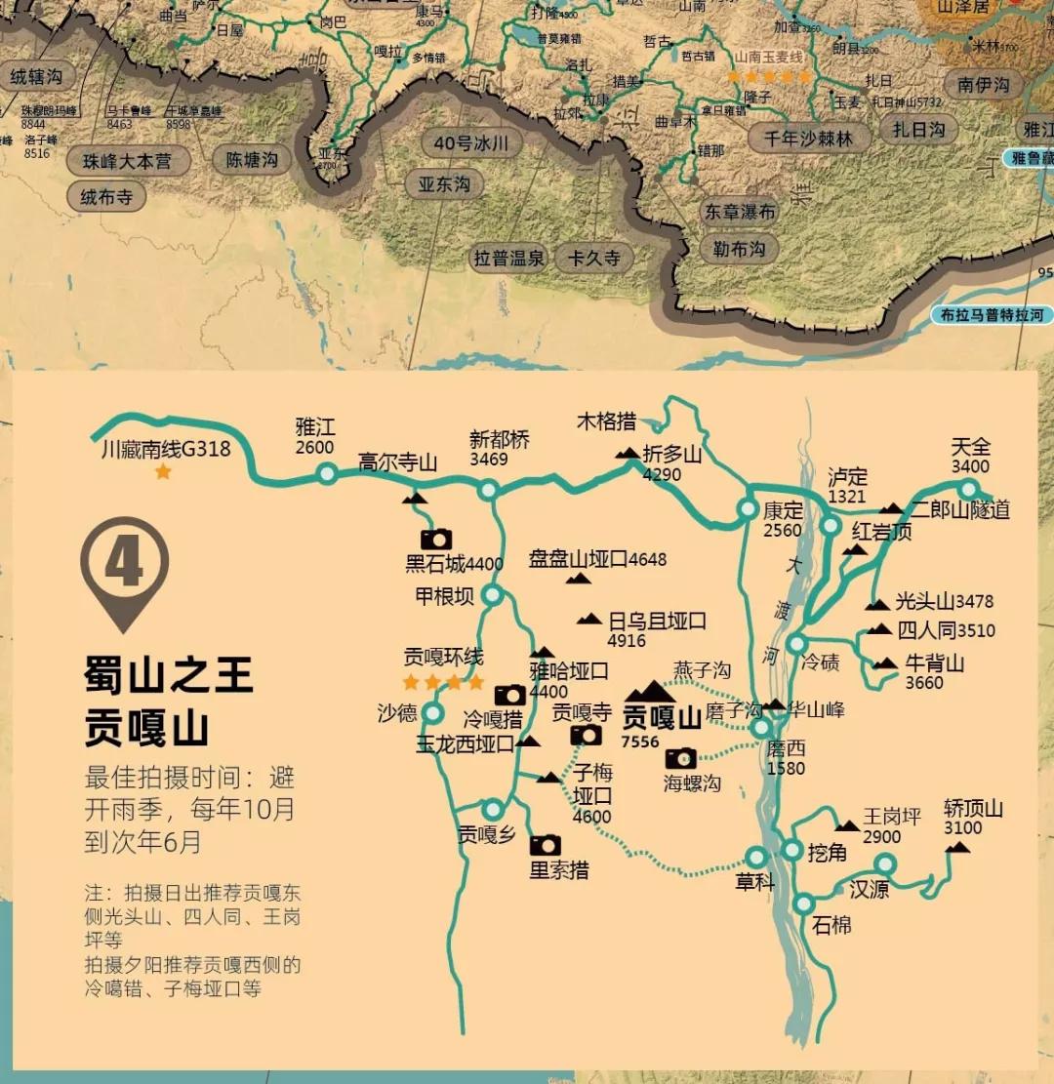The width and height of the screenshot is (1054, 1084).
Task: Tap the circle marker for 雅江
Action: point(326,473)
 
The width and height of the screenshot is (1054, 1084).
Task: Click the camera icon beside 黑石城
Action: point(436,539)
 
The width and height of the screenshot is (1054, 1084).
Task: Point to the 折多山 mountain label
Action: point(672,454)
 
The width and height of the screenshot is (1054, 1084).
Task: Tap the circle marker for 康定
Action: point(748,508)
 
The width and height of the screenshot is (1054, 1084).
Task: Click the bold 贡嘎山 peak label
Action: point(663,718)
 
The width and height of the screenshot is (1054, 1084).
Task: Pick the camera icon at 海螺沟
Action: point(681,758)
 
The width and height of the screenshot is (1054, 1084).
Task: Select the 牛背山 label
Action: point(934,663)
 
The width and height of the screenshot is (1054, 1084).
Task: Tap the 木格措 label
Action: point(606,422)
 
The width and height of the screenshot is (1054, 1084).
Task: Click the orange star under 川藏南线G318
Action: point(163,472)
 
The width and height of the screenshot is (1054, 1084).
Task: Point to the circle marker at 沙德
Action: point(431,713)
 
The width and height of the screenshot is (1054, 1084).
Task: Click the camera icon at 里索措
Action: point(545,845)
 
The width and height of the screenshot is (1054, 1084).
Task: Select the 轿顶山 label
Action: point(973,809)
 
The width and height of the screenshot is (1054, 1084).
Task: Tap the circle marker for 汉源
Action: point(884,864)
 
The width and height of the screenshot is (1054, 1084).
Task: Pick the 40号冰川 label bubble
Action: point(471,143)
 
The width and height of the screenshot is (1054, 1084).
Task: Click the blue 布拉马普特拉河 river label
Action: point(992,315)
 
